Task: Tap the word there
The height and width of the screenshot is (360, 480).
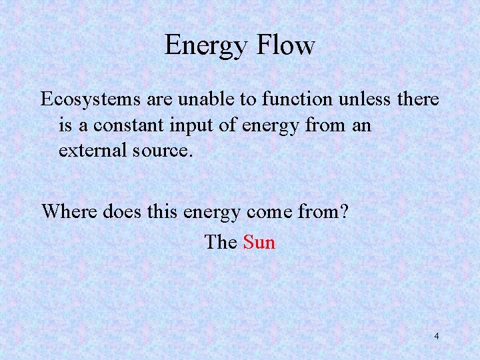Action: pyautogui.click(x=417, y=99)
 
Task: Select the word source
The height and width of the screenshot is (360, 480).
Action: pyautogui.click(x=165, y=151)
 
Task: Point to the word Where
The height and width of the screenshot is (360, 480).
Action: pyautogui.click(x=70, y=211)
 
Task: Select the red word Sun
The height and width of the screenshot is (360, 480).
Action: pyautogui.click(x=259, y=241)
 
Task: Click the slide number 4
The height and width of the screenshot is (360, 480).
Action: pyautogui.click(x=437, y=336)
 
